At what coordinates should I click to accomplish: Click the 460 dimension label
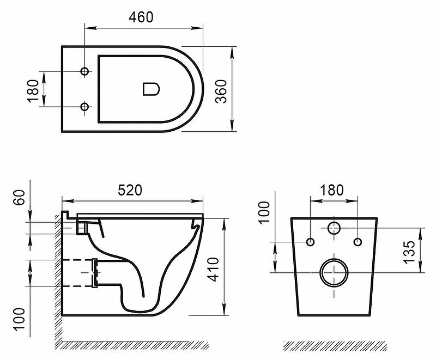141,17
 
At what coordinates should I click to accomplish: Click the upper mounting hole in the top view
84,72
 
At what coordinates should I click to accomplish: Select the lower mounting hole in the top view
84,107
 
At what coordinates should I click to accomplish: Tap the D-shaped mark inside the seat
150,89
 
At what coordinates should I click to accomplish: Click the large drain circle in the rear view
334,272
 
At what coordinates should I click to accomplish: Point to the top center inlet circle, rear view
334,228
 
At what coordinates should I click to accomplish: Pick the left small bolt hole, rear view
311,241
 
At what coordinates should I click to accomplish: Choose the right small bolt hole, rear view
358,241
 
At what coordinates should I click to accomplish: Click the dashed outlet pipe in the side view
79,272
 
